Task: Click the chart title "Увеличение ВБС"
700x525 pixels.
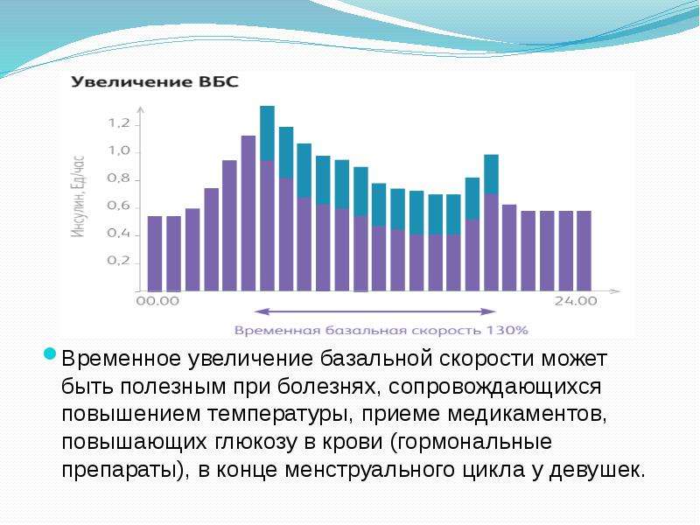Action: pos(155,82)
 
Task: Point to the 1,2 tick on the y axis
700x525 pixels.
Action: pos(119,123)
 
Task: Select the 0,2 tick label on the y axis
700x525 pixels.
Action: pos(119,261)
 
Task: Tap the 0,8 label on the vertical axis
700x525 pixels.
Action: pos(119,178)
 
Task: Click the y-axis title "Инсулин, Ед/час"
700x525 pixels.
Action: pos(79,196)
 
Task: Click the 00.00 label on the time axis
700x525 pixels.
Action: pos(157,301)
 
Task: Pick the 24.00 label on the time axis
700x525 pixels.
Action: pos(576,301)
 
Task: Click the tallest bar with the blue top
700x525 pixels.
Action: pos(268,199)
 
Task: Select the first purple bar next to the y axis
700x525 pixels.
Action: pos(155,254)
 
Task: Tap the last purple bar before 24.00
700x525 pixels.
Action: pos(584,251)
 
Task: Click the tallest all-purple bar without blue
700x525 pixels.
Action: pos(248,213)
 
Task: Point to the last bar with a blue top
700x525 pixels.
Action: pos(491,223)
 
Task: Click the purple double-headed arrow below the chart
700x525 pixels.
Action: pos(375,311)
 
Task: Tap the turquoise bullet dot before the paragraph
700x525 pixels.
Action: pos(50,354)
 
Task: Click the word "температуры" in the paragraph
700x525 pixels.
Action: pos(277,414)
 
